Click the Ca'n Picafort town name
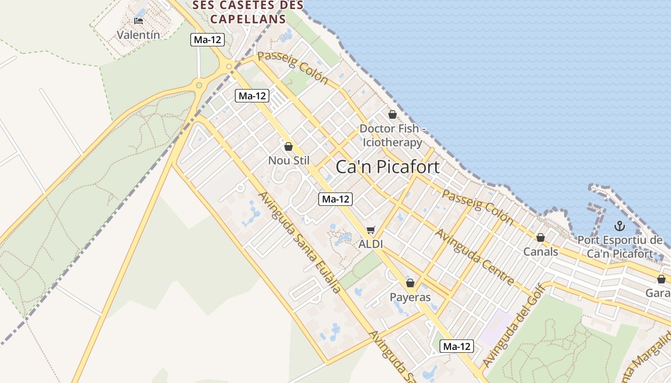[x=387, y=167]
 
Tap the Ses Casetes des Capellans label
[x=248, y=12]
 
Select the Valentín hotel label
[x=138, y=35]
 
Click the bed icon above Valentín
[x=139, y=21]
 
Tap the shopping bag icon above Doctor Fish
[x=392, y=114]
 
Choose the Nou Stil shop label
[x=289, y=160]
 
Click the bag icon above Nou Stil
[x=289, y=146]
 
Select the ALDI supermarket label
[x=370, y=244]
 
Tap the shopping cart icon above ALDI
[x=370, y=230]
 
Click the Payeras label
[x=410, y=297]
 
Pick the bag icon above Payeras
[x=410, y=283]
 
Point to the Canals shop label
[x=541, y=251]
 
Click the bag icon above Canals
[x=541, y=237]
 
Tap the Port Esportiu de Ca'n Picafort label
[x=619, y=247]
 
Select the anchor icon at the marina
[x=619, y=225]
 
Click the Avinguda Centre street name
[x=474, y=257]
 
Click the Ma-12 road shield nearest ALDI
[x=335, y=199]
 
